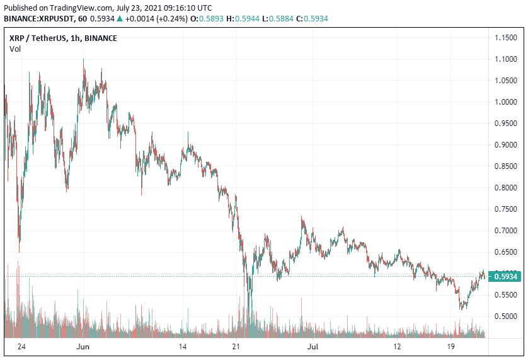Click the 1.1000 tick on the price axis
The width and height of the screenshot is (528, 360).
point(506,59)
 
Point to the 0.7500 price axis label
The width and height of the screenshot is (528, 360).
point(506,209)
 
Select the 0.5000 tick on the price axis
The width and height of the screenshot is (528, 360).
point(506,316)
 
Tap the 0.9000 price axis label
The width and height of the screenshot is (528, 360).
point(506,145)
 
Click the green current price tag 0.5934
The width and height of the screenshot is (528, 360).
point(506,276)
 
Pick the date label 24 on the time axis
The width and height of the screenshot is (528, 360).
point(21,347)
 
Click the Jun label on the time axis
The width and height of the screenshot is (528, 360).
point(83,347)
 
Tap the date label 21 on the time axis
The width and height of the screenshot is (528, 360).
point(236,347)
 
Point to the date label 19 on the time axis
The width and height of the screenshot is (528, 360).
point(451,347)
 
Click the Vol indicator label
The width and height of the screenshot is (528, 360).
point(14,49)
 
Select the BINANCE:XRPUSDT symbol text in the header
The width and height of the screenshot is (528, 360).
point(37,19)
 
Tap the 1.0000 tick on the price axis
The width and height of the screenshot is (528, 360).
point(506,102)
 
